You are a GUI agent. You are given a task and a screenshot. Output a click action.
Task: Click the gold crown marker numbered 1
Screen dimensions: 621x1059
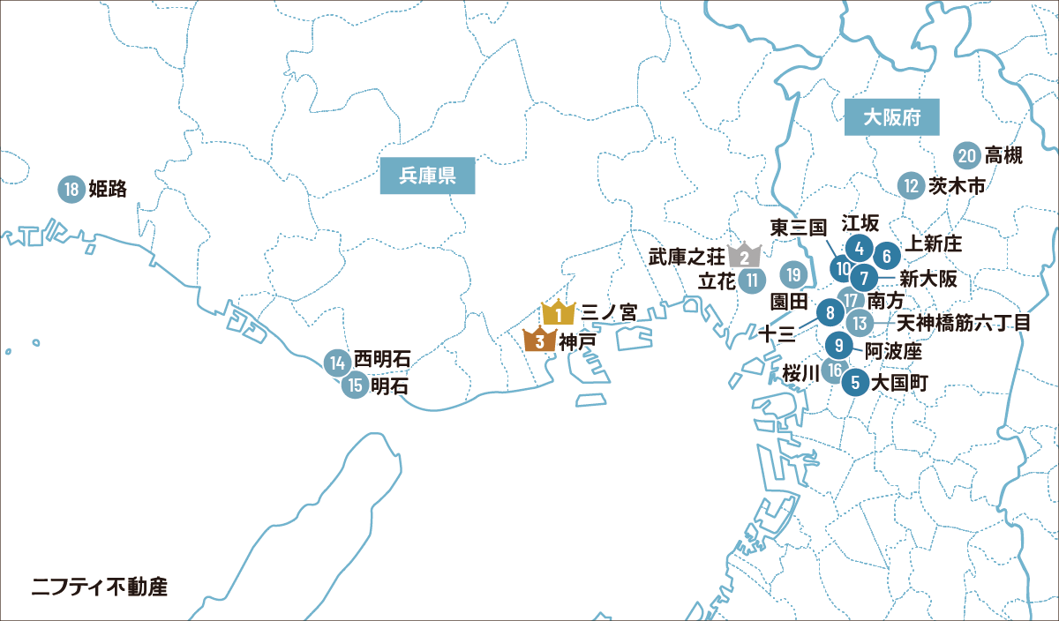tap(558, 313)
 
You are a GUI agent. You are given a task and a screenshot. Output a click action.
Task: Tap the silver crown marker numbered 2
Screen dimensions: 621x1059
tap(745, 256)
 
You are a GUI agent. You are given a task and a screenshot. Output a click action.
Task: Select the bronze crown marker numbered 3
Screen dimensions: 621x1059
tap(539, 339)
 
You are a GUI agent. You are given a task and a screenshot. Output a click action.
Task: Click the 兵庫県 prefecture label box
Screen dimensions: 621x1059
tap(428, 176)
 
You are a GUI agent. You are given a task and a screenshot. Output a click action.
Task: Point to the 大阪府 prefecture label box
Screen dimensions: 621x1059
tap(890, 117)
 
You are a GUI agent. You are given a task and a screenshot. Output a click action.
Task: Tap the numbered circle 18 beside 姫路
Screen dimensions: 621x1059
tap(71, 189)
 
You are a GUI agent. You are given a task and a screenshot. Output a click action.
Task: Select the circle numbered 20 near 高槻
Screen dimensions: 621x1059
tap(967, 156)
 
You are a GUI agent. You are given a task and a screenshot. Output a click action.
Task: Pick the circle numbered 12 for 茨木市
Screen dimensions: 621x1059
tap(912, 186)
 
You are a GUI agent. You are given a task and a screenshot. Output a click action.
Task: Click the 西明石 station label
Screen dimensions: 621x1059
tap(382, 361)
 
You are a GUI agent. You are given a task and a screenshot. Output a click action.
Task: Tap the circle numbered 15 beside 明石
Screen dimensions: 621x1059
tap(355, 385)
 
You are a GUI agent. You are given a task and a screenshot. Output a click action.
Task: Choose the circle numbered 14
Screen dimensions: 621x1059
tap(336, 361)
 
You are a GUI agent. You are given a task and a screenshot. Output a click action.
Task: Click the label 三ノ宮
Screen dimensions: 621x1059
tap(609, 313)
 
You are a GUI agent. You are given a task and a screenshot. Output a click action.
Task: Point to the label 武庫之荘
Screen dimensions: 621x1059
tap(687, 257)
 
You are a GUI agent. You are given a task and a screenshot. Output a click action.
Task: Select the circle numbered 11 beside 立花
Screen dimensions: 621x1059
tap(752, 281)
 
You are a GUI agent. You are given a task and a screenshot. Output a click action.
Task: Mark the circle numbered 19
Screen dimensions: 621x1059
tap(794, 275)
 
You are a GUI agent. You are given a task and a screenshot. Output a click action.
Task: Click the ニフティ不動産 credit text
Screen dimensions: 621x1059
tap(99, 586)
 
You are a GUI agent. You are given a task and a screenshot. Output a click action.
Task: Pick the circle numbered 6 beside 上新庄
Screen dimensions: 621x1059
tap(887, 255)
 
